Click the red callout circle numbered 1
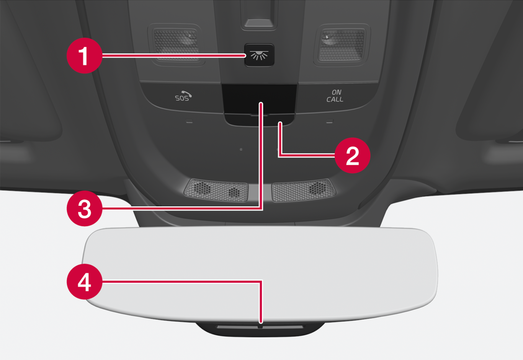[x=85, y=55]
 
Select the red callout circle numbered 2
[x=352, y=155]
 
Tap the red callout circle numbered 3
[x=85, y=209]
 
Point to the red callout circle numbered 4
[x=85, y=281]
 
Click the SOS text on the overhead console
[x=182, y=98]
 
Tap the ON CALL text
[x=335, y=96]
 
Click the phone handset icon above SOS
[x=187, y=94]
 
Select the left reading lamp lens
[x=177, y=45]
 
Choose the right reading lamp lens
[x=342, y=45]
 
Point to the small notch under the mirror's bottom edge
[x=260, y=327]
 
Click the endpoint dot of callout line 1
[x=244, y=55]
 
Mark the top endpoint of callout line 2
[x=280, y=123]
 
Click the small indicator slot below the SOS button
[x=190, y=121]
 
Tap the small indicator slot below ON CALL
[x=330, y=121]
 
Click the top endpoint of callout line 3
[x=261, y=103]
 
